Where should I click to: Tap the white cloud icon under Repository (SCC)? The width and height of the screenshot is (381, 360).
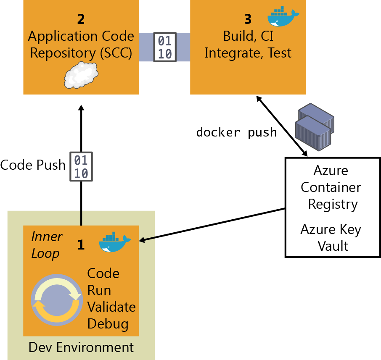click(x=81, y=75)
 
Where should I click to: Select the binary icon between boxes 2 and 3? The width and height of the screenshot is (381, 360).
click(x=164, y=47)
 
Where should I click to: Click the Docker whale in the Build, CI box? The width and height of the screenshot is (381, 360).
click(x=283, y=17)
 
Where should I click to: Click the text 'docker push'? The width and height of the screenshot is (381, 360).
click(x=236, y=132)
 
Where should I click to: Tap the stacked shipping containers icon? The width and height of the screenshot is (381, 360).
click(x=315, y=126)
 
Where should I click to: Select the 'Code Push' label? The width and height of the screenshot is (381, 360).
click(x=33, y=165)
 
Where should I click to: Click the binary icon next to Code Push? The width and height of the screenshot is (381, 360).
click(x=81, y=167)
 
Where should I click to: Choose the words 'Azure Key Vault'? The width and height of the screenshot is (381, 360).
click(x=331, y=237)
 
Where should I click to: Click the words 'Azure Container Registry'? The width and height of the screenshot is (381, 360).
click(x=331, y=187)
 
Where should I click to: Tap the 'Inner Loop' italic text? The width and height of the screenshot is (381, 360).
click(x=47, y=245)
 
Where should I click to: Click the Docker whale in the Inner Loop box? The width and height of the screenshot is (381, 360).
click(x=114, y=242)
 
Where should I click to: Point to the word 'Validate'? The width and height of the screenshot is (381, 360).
click(x=111, y=307)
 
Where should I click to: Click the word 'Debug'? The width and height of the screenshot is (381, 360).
click(x=108, y=324)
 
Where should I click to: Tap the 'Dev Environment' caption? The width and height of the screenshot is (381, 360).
click(x=81, y=347)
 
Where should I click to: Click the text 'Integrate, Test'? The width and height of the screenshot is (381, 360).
click(x=248, y=53)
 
